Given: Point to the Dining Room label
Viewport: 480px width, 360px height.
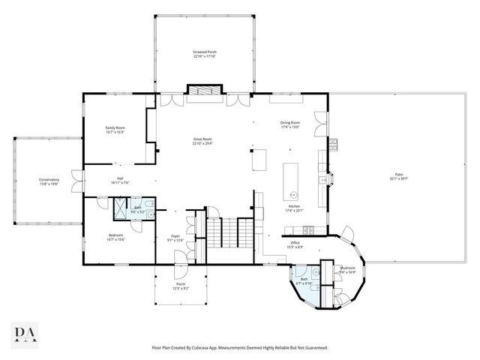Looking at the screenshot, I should (290, 124).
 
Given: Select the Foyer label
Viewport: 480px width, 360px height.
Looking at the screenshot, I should (175, 238).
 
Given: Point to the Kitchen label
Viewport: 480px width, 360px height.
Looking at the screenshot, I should (295, 208).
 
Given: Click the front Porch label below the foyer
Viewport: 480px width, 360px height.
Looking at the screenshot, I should (180, 286).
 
